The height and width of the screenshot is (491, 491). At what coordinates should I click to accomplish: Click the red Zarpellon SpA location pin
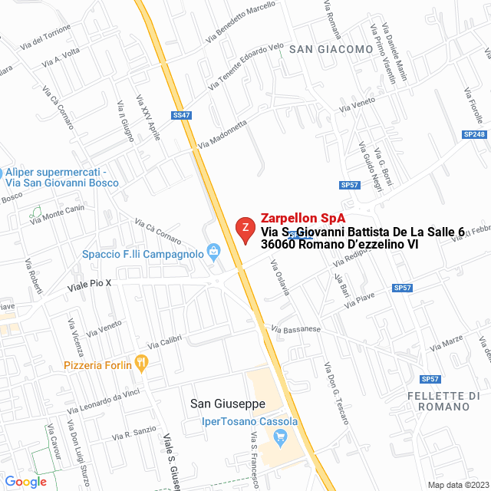(x=245, y=229)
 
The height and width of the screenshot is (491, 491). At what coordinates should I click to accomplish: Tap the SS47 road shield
(x=182, y=115)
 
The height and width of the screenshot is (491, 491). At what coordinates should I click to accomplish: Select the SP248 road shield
(x=474, y=134)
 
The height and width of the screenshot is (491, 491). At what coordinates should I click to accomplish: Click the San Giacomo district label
(x=331, y=49)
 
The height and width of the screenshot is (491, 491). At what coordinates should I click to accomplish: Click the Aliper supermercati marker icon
(x=3, y=173)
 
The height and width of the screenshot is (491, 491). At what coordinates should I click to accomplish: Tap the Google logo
(x=25, y=482)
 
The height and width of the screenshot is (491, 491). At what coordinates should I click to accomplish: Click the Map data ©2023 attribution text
(x=457, y=485)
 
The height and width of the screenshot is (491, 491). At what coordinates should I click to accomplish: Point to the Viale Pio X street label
(x=90, y=284)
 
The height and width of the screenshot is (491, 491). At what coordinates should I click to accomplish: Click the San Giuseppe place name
(x=228, y=404)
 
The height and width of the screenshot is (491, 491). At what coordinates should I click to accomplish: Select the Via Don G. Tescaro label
(x=335, y=393)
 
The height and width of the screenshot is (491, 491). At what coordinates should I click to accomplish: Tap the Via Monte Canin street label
(x=57, y=216)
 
